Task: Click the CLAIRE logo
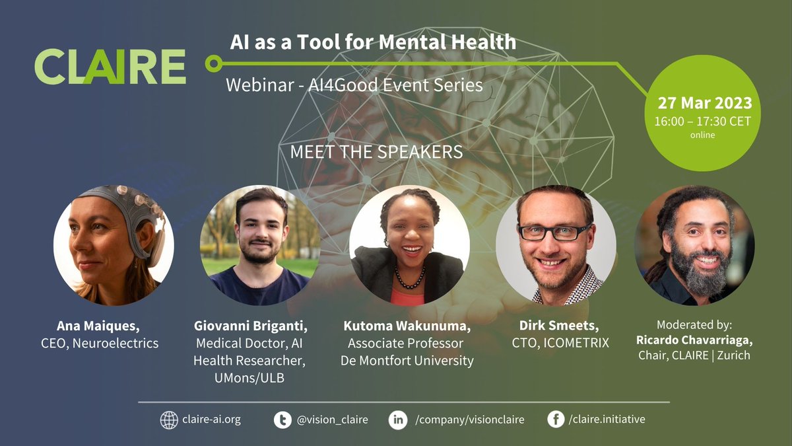[x=110, y=66]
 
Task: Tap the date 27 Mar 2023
[x=704, y=103]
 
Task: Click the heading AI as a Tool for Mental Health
[x=373, y=42]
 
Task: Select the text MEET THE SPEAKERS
[x=376, y=151]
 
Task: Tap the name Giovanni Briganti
[x=251, y=326]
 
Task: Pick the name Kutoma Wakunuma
[x=407, y=326]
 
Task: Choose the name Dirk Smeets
[x=557, y=326]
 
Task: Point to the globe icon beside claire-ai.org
[x=169, y=420]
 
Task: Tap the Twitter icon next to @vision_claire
[x=282, y=420]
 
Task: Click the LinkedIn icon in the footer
[x=397, y=420]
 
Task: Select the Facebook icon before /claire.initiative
[x=556, y=420]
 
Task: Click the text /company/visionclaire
[x=469, y=420]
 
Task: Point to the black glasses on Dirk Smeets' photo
[x=554, y=232]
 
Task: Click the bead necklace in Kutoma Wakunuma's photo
[x=409, y=277]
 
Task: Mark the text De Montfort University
[x=407, y=361]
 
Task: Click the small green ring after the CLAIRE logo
[x=213, y=64]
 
